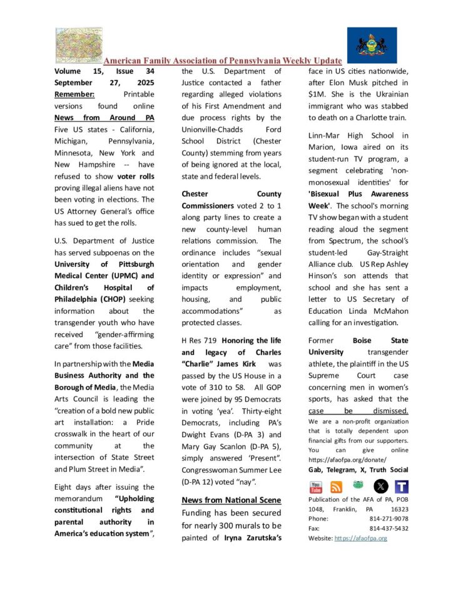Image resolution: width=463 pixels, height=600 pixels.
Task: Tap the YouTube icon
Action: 317,487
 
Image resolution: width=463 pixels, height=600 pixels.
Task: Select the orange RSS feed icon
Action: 337,487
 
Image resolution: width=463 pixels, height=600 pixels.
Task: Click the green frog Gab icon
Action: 359,487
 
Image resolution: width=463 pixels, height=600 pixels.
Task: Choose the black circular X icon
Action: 380,487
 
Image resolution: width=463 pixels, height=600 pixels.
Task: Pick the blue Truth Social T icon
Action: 402,487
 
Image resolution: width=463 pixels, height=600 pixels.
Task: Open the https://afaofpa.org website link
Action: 360,538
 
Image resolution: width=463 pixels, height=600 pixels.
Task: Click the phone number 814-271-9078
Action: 389,519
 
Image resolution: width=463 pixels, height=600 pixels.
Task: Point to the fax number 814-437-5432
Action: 389,528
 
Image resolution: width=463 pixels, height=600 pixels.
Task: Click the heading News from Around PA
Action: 104,118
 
